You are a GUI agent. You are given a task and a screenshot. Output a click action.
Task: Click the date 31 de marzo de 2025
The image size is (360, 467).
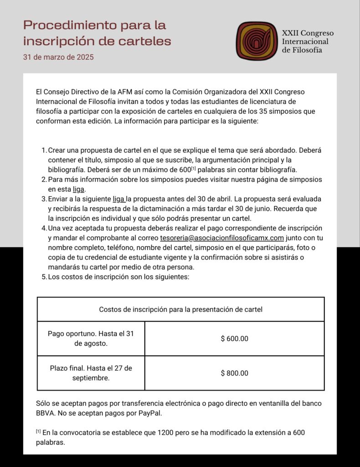[x=59, y=57]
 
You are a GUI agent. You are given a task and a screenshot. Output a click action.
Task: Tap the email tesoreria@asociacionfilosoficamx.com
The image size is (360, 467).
[x=222, y=238]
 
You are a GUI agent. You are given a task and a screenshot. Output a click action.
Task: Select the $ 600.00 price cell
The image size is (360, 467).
[x=234, y=339]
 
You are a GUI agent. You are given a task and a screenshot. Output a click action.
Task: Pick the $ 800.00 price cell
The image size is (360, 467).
[x=234, y=373]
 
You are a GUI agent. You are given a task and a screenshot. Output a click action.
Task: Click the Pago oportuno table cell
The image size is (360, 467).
[x=91, y=338]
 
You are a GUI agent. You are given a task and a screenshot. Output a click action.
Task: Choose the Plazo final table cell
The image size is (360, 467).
[x=91, y=373]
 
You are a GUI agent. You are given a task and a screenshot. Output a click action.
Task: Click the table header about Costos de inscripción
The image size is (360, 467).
[x=180, y=310]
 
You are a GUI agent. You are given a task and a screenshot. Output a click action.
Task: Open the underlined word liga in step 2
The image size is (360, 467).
[x=79, y=189]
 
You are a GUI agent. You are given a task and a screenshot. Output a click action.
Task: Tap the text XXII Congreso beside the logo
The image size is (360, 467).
[x=308, y=33]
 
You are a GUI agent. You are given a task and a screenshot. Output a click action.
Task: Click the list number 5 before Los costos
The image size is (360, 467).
[x=44, y=277]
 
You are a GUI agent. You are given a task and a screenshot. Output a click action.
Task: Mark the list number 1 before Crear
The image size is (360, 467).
[x=44, y=150]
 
